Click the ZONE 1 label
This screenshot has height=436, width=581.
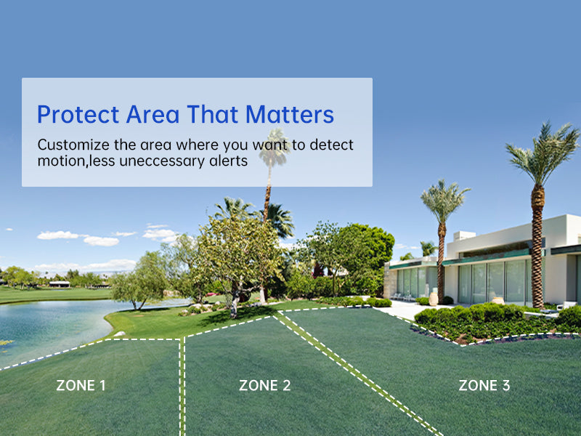tap(81, 386)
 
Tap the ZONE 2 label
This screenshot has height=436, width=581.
tap(264, 386)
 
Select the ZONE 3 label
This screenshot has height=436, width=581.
tap(484, 386)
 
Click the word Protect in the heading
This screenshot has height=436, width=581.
tap(78, 114)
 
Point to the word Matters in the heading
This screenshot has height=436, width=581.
tap(290, 114)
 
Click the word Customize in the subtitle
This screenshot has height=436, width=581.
tap(73, 145)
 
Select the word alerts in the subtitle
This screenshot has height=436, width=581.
tap(229, 161)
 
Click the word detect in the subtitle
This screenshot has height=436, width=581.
tap(332, 145)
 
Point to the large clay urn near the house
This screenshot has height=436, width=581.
tap(433, 299)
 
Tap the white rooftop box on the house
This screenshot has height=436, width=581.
tap(464, 235)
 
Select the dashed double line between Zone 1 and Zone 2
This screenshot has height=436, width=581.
tap(182, 387)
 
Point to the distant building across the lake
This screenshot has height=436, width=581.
tap(60, 284)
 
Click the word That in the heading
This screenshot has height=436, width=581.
tap(212, 114)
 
